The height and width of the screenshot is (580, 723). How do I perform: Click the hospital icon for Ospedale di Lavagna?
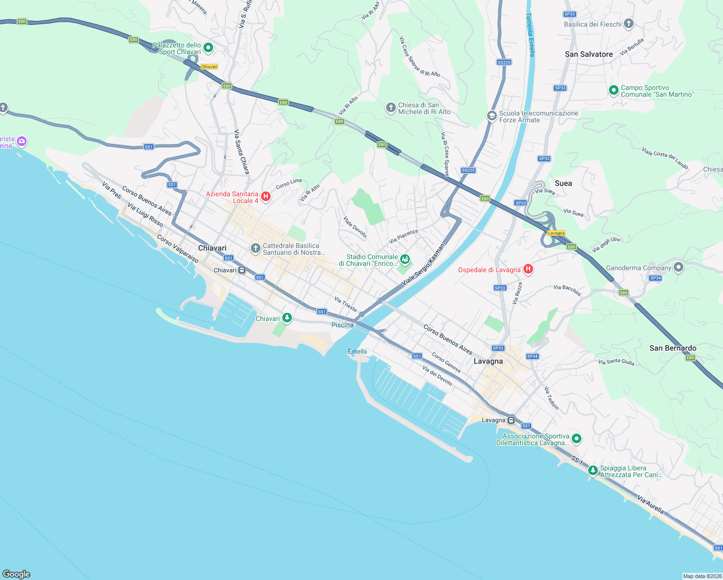pyautogui.click(x=528, y=269)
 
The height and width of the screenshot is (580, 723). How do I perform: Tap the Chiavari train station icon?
pyautogui.click(x=242, y=270)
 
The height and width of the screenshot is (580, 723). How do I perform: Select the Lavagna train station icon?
pyautogui.click(x=511, y=420)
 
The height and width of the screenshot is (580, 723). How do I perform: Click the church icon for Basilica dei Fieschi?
pyautogui.click(x=628, y=24)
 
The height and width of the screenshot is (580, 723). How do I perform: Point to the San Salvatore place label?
pyautogui.click(x=589, y=54)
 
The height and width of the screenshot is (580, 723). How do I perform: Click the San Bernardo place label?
pyautogui.click(x=673, y=348)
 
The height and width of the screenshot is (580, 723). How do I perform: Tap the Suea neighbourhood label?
pyautogui.click(x=563, y=183)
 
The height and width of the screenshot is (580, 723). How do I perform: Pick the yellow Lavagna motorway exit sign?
pyautogui.click(x=556, y=233)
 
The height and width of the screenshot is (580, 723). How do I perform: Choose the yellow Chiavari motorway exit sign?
pyautogui.click(x=209, y=67)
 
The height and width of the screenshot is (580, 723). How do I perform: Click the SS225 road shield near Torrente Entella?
pyautogui.click(x=504, y=62)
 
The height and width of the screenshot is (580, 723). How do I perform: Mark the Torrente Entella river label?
pyautogui.click(x=530, y=35)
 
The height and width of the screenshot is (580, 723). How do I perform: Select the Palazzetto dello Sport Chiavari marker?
pyautogui.click(x=208, y=47)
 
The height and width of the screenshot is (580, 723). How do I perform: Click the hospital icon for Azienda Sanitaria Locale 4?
pyautogui.click(x=265, y=196)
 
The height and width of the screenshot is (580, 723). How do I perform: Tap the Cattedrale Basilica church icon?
pyautogui.click(x=255, y=248)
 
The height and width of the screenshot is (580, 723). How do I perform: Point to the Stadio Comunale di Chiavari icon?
pyautogui.click(x=405, y=260)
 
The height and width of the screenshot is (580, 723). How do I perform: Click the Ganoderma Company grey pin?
pyautogui.click(x=679, y=267)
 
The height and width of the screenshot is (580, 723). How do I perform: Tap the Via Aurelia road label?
pyautogui.click(x=650, y=505)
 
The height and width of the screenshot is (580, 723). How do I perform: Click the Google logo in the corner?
pyautogui.click(x=16, y=574)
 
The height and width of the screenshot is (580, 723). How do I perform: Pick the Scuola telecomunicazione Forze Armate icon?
pyautogui.click(x=492, y=116)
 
